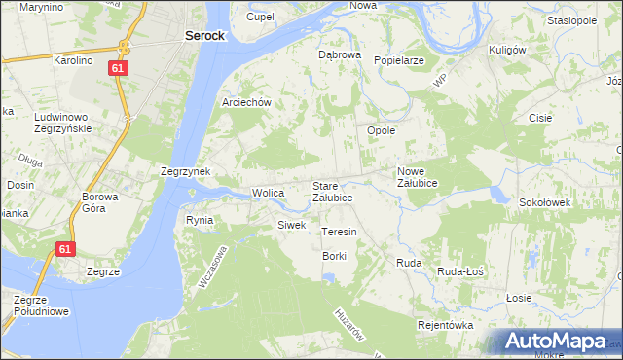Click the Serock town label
pyautogui.click(x=204, y=35)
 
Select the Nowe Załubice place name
pyautogui.click(x=418, y=177)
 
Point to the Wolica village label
pyautogui.click(x=268, y=193)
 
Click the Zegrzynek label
pyautogui.click(x=186, y=170)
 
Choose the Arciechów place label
pyautogui.click(x=251, y=102)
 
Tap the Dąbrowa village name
pyautogui.click(x=340, y=54)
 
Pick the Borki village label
pyautogui.click(x=334, y=255)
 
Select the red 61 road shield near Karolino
pyautogui.click(x=117, y=68)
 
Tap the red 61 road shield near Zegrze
pyautogui.click(x=64, y=249)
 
